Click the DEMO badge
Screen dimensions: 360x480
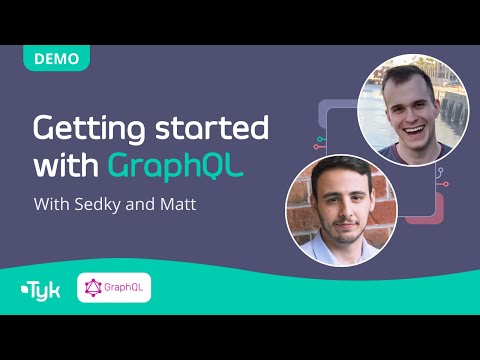55,58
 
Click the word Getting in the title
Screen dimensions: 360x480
87,131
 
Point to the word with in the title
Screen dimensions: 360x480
67,165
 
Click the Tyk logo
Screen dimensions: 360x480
40,293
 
